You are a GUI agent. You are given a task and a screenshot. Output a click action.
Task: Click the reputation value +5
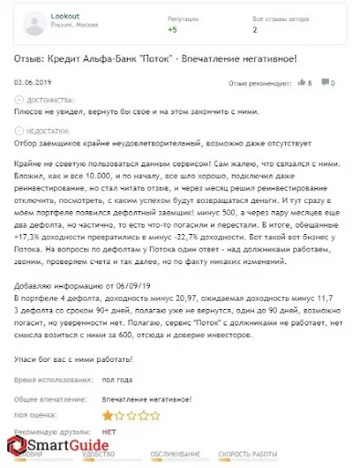click(x=172, y=29)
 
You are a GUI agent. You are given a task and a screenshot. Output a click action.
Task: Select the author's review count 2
click(x=253, y=29)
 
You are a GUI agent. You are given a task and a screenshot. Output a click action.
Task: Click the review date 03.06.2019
click(x=33, y=83)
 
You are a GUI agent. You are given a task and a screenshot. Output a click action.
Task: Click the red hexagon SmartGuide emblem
click(x=19, y=449)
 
